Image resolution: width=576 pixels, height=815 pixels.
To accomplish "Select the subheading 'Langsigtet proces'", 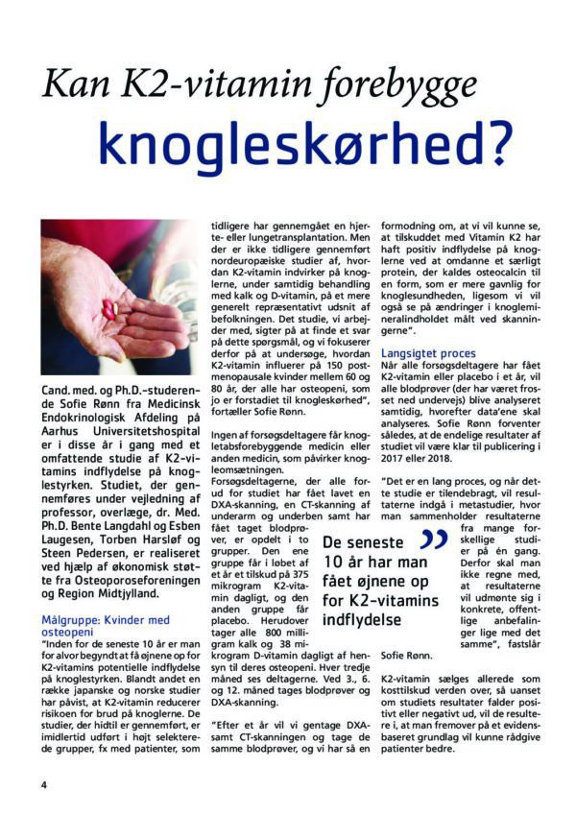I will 427,354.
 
